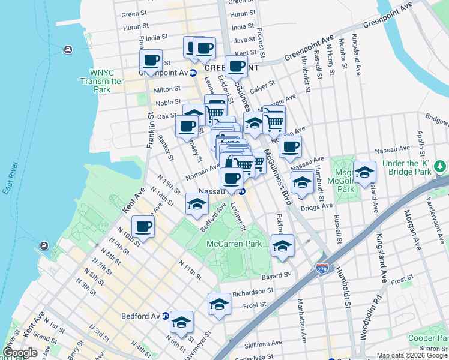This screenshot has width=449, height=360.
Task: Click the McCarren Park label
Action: click(234, 244)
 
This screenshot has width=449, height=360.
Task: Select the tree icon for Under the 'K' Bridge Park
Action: click(441, 165)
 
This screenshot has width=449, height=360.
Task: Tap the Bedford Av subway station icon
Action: click(165, 317)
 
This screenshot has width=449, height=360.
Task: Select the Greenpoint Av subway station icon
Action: click(193, 73)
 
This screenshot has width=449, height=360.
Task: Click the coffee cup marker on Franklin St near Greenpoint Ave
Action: click(151, 60)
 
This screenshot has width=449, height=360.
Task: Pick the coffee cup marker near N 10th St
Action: click(143, 226)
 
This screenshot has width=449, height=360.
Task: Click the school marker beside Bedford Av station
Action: click(181, 322)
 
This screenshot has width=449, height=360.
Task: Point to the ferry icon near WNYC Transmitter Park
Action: click(67, 49)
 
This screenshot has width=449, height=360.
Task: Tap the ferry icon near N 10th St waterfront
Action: click(44, 245)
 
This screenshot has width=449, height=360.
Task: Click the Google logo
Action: click(20, 353)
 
